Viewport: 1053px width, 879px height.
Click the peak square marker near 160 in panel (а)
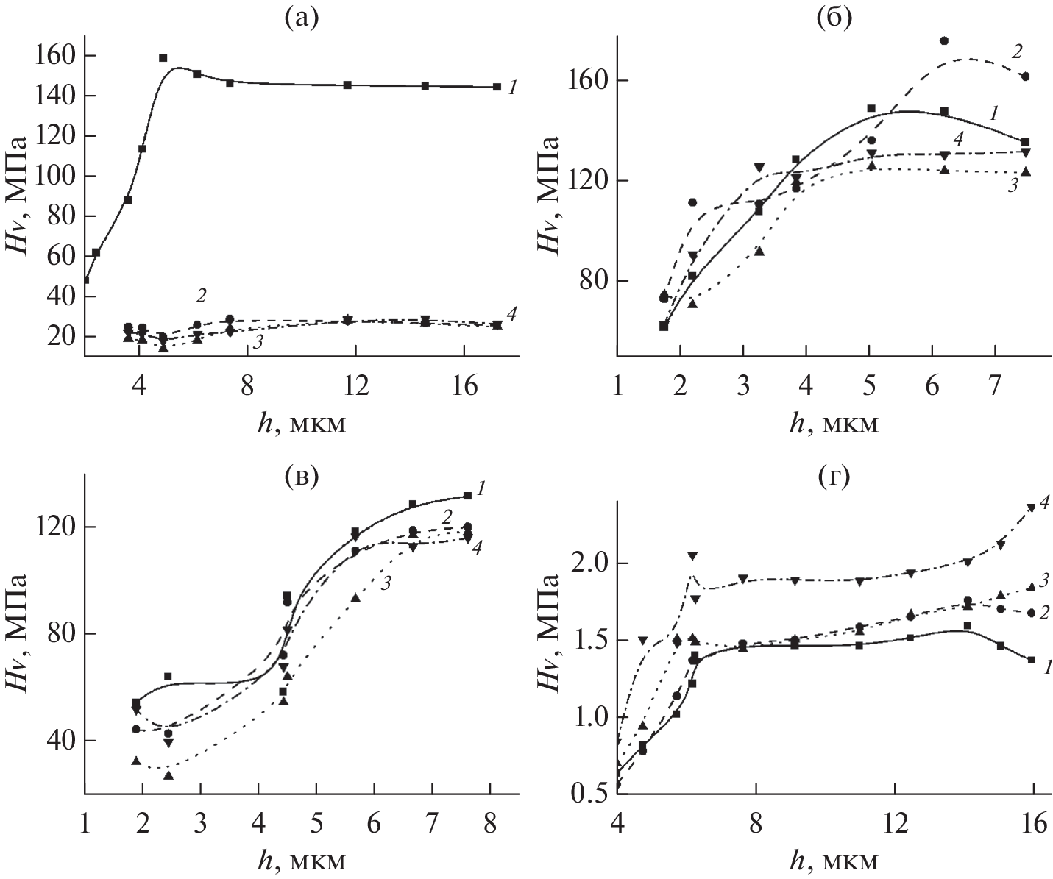point(163,57)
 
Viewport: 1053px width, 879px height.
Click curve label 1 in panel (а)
point(513,88)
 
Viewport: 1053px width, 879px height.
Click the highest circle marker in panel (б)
point(945,40)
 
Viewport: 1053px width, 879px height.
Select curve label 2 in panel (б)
point(1017,51)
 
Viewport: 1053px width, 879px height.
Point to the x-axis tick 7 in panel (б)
point(995,369)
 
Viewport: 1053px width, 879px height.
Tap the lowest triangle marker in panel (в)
point(169,775)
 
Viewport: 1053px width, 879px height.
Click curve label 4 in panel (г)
point(1045,502)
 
